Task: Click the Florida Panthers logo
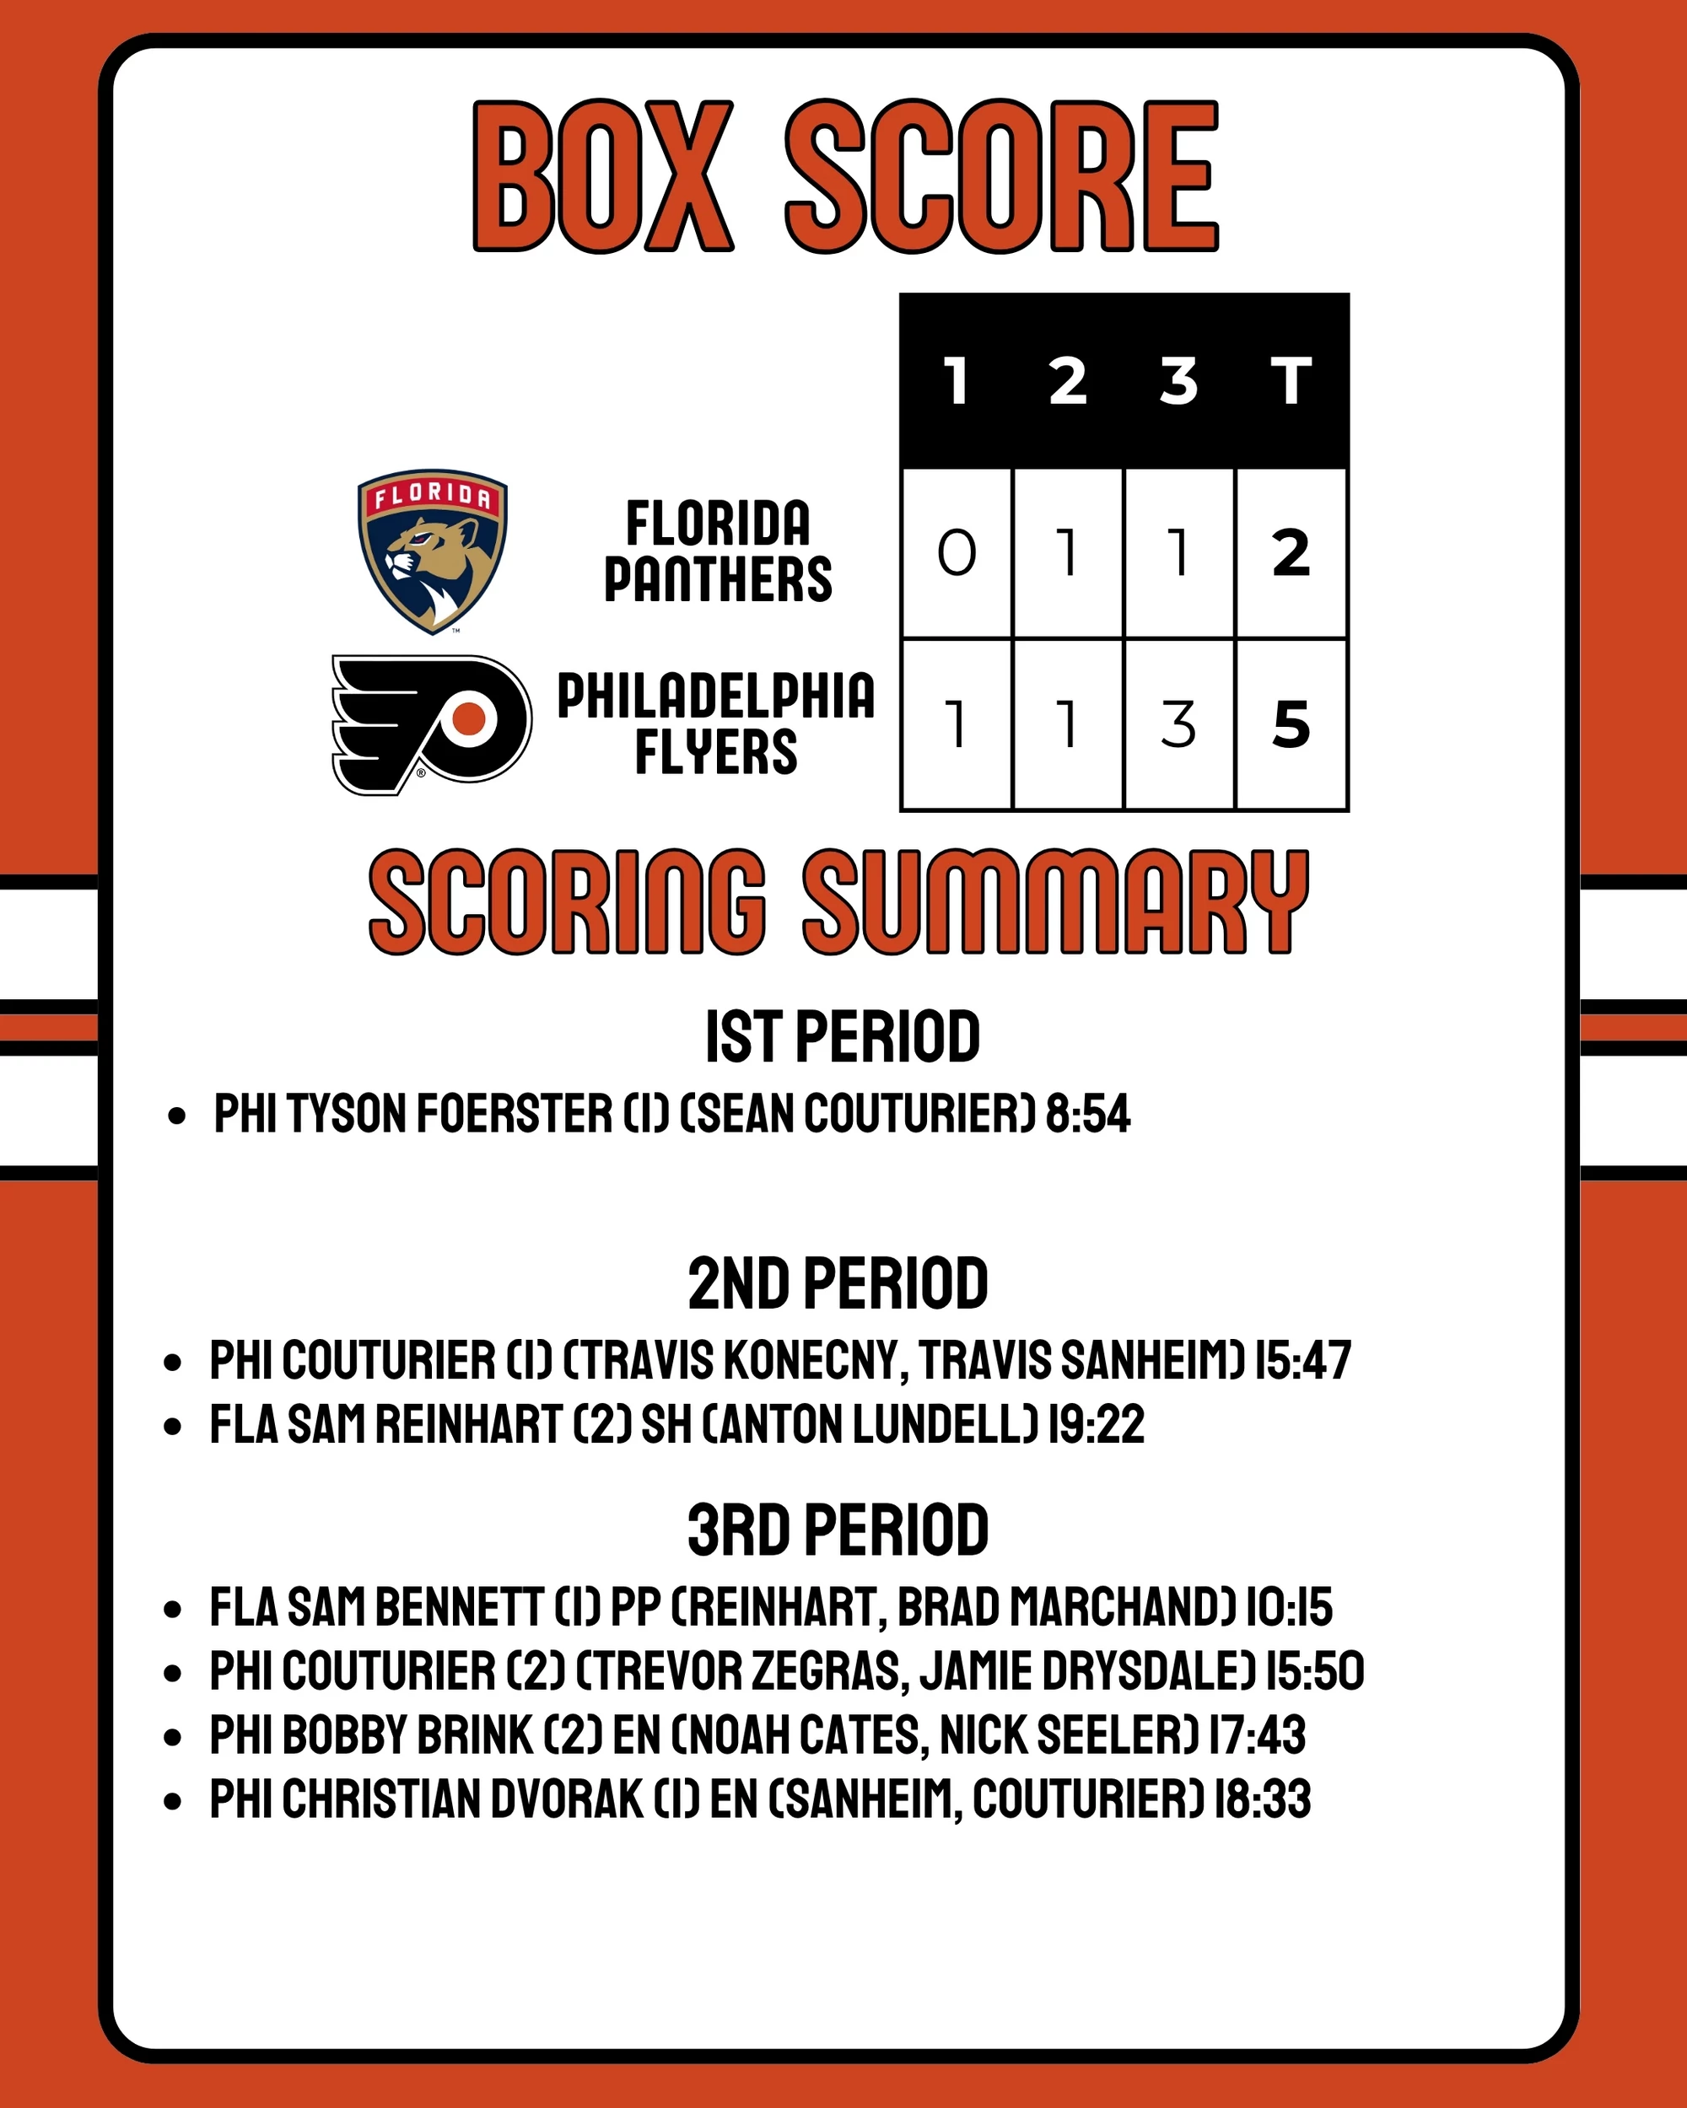(x=431, y=551)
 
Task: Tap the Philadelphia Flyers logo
(x=431, y=724)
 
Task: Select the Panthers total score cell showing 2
(x=1291, y=553)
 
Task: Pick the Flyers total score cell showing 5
(x=1291, y=724)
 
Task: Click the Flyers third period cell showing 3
(x=1178, y=724)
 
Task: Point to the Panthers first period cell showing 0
(x=957, y=553)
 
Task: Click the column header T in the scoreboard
(x=1291, y=380)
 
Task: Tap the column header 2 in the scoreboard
(x=1068, y=380)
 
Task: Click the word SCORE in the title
(x=1001, y=177)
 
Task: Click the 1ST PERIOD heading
(x=842, y=1036)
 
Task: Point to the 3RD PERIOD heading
(x=838, y=1531)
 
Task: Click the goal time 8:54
(x=1087, y=1114)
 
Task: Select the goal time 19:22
(x=1096, y=1424)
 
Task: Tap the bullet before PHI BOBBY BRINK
(x=173, y=1736)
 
